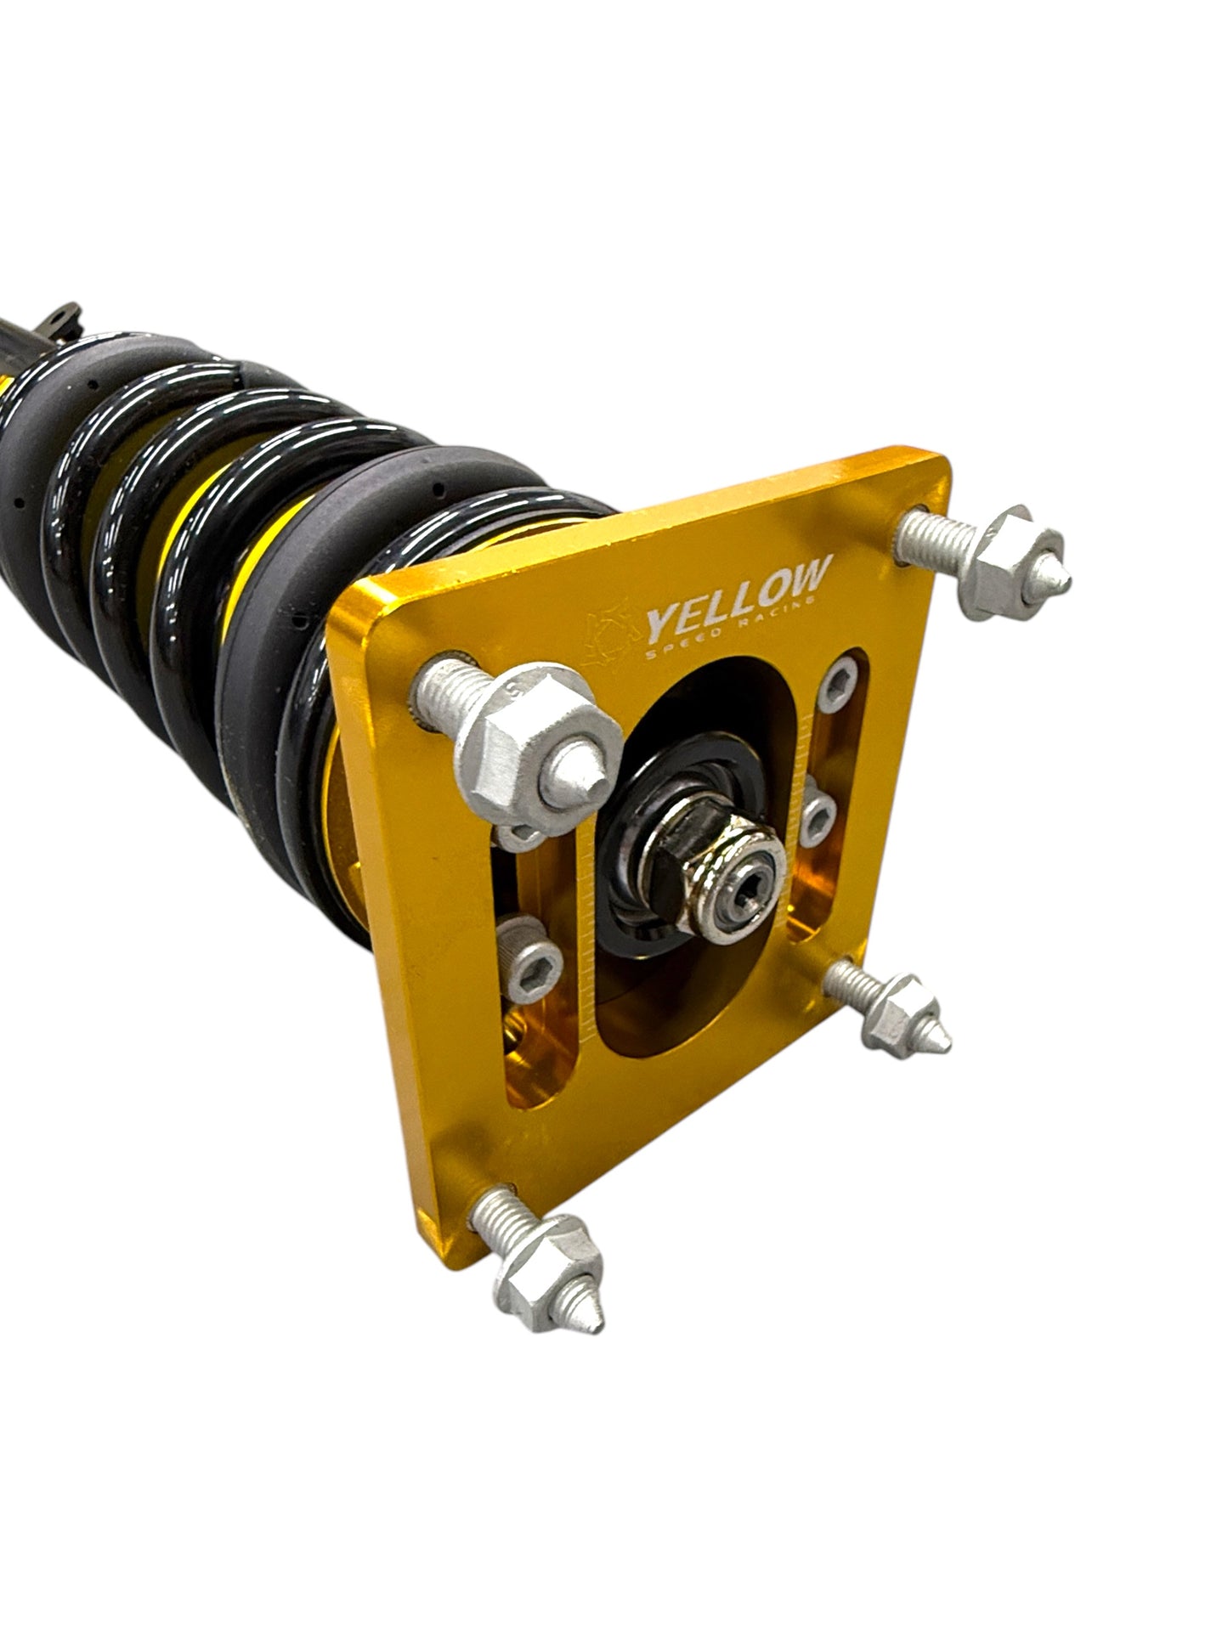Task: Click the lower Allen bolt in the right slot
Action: click(x=820, y=816)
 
